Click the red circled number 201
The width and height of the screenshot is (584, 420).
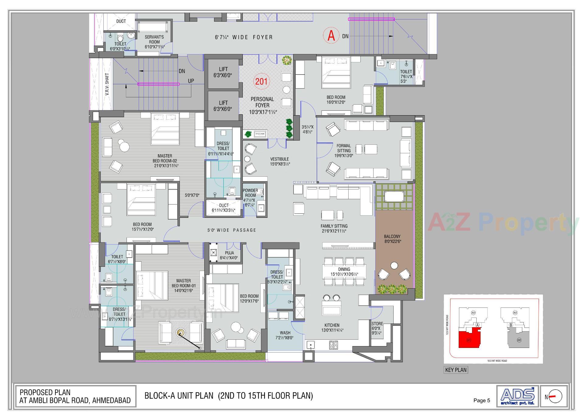[x=261, y=81]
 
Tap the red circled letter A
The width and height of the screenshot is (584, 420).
[x=331, y=36]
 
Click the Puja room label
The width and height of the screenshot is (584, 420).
[x=229, y=255]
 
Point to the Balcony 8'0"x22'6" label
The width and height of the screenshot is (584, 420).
[x=392, y=239]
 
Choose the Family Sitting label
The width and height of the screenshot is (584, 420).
[x=334, y=228]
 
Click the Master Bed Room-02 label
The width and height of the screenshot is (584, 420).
[x=165, y=161]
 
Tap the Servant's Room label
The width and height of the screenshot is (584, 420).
[x=154, y=42]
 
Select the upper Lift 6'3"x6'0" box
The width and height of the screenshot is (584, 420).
[x=223, y=72]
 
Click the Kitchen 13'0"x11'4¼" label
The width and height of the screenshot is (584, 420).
[x=332, y=328]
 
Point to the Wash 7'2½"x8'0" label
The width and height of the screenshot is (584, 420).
[x=285, y=335]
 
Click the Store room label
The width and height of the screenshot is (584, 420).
[x=377, y=328]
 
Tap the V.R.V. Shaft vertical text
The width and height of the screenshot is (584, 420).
[x=107, y=84]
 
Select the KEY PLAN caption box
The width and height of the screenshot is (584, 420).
[x=456, y=370]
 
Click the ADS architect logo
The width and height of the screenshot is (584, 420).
[x=517, y=396]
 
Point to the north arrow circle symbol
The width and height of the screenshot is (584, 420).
[x=556, y=396]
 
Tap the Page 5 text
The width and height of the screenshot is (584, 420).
[x=481, y=400]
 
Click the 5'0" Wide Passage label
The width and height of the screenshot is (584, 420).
[x=232, y=230]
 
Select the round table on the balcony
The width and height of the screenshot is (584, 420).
[x=394, y=266]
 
